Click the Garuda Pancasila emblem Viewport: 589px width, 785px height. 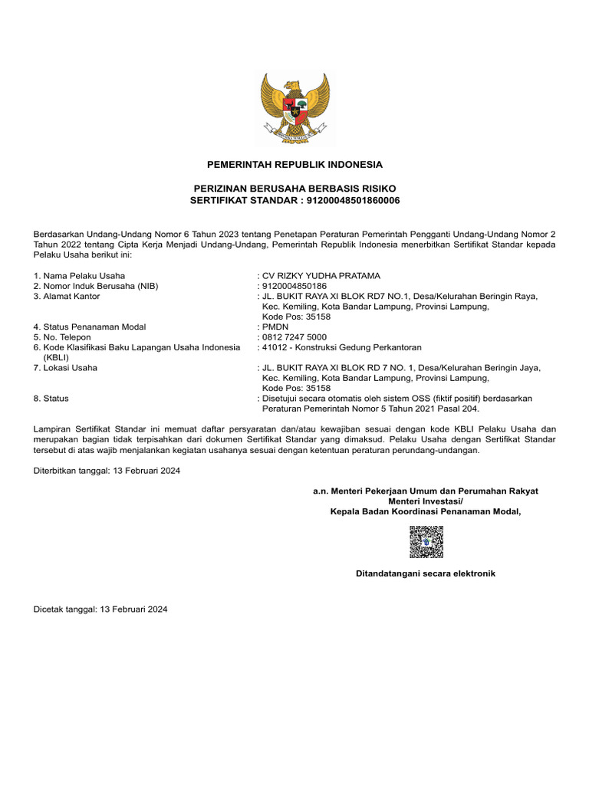click(x=294, y=109)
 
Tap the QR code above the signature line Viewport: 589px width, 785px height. click(x=426, y=541)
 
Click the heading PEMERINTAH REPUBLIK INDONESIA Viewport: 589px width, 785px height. click(x=294, y=165)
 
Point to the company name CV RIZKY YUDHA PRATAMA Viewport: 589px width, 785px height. click(x=321, y=276)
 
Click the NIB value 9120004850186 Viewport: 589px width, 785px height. click(x=294, y=286)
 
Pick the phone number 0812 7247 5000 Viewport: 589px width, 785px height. click(x=294, y=337)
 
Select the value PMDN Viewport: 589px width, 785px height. click(x=275, y=327)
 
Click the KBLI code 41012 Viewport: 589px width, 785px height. click(x=275, y=347)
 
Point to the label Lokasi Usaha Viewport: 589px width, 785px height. click(x=70, y=368)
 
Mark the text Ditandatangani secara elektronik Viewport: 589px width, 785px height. click(x=426, y=573)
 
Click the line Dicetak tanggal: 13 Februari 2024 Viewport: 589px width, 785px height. click(x=100, y=609)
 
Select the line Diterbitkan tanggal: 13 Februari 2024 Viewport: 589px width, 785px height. click(x=107, y=471)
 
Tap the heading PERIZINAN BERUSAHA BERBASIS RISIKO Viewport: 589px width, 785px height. click(x=294, y=189)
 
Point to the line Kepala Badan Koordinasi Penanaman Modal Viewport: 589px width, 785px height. click(x=426, y=512)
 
